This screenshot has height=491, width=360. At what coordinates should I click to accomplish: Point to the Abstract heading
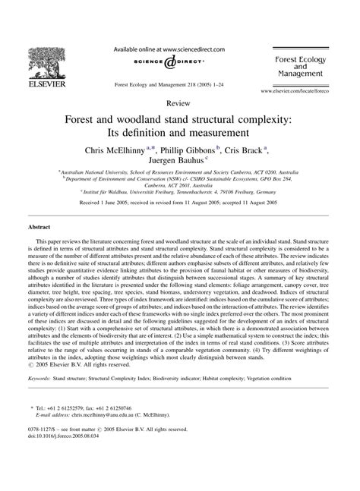pos(39,226)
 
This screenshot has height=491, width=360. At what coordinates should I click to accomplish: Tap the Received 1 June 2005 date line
pos(180,205)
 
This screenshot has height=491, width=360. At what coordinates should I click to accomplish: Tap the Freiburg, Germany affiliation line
pos(180,193)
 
